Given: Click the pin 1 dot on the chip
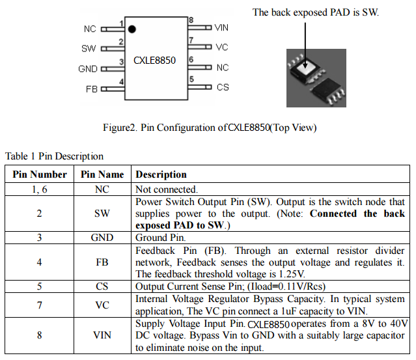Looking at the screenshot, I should coord(132,29).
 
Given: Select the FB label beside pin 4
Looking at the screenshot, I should coord(91,89).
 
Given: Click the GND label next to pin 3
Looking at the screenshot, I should coord(88,69).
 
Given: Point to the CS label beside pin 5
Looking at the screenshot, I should coord(223,87).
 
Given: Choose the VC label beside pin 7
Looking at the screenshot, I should coord(222,48).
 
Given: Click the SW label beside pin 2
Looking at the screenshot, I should coord(89,49).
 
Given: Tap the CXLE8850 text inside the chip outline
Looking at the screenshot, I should coord(154,60).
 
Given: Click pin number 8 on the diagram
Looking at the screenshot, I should coord(191,20).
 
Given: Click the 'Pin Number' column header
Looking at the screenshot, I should coord(40,174).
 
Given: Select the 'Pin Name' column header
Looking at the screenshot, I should coord(102,174).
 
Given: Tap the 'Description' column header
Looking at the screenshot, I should coord(161,174).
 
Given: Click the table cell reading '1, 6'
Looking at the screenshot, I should coord(40,189).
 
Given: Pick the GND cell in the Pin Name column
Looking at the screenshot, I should coord(102,238).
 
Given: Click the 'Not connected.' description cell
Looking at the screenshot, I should coord(166,189).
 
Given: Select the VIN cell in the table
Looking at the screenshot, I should coord(102,335).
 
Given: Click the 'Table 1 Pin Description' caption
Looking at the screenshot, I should coord(54,156).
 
